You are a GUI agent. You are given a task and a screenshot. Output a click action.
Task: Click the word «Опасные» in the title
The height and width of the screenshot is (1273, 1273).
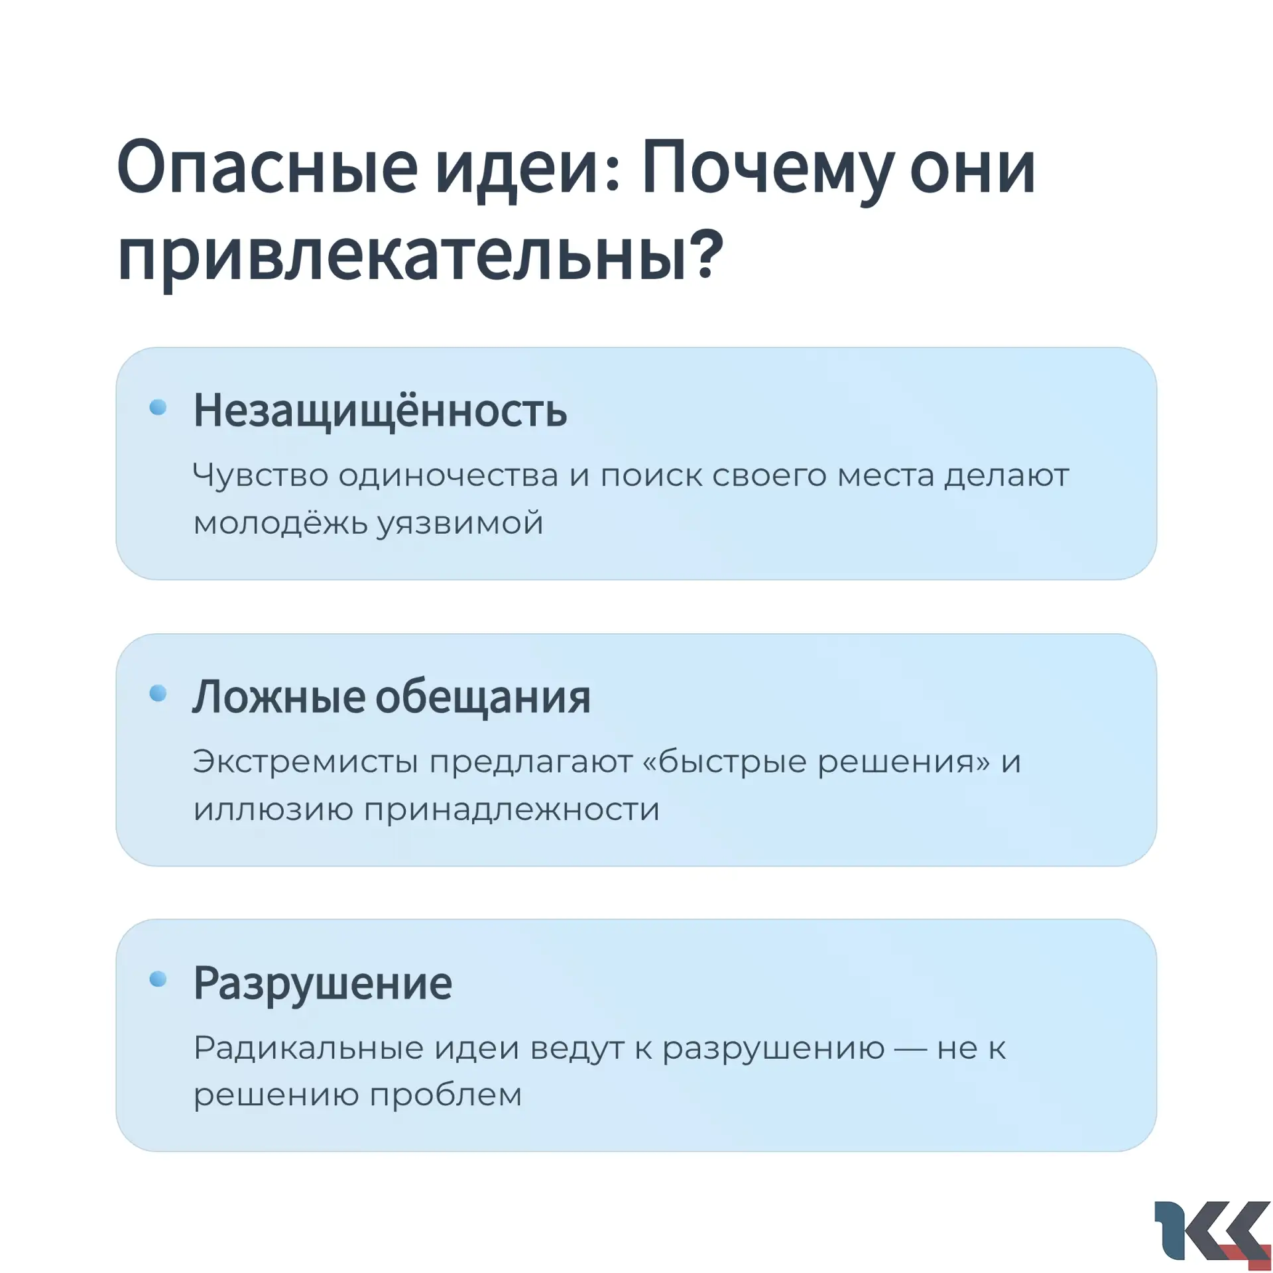(267, 168)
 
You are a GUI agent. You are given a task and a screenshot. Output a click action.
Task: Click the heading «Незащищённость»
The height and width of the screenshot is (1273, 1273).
(380, 411)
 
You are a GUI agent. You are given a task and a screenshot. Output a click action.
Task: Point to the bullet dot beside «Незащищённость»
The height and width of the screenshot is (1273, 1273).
(158, 407)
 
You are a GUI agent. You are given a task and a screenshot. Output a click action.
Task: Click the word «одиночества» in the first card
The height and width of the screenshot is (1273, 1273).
(448, 475)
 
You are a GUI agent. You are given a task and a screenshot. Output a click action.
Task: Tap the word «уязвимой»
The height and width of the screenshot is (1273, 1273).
(461, 524)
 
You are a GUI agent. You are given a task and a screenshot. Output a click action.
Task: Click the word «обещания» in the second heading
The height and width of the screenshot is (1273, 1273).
(483, 698)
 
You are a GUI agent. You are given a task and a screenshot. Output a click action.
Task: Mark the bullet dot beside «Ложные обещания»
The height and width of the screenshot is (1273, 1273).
(158, 694)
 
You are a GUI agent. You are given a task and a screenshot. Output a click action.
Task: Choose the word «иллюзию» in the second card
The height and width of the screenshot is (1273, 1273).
(273, 810)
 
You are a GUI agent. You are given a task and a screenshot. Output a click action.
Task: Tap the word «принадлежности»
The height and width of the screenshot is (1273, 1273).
(512, 810)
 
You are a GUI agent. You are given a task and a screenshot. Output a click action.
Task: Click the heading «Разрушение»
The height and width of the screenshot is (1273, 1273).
(323, 983)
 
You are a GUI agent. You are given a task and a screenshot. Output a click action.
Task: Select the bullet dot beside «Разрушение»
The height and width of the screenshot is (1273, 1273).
(158, 979)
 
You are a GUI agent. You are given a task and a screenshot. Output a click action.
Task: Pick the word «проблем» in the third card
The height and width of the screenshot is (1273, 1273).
(446, 1096)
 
